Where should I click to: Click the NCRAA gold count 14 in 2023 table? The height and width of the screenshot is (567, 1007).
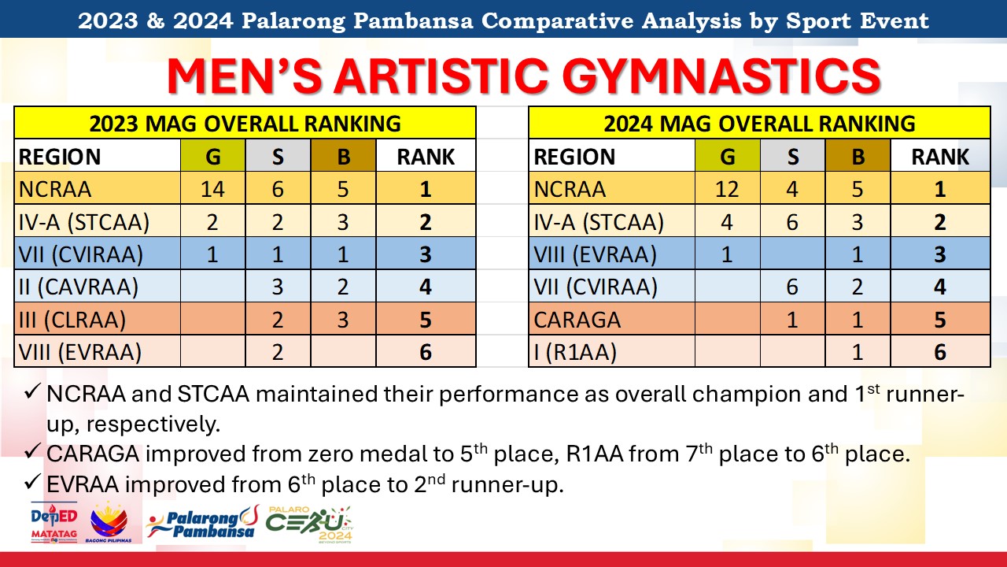point(212,189)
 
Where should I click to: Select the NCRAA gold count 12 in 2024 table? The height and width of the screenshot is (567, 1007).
point(727,189)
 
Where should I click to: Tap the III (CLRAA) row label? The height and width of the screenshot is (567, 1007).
point(72,320)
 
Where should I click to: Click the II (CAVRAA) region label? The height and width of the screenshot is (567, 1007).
point(78,287)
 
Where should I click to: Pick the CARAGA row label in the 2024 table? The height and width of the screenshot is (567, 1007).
point(577,320)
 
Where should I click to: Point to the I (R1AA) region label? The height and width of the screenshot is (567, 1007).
point(575,352)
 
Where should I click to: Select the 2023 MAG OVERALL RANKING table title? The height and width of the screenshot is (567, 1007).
point(245,124)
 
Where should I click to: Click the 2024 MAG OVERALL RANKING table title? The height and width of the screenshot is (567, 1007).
point(759,124)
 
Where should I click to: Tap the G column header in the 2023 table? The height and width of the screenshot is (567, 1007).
point(212,157)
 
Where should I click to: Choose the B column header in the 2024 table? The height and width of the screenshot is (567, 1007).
point(858,157)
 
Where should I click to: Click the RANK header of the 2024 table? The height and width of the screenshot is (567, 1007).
point(940,157)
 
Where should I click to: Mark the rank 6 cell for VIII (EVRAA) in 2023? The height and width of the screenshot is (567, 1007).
point(426,352)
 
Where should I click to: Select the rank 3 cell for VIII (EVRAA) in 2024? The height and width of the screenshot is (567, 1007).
point(940,254)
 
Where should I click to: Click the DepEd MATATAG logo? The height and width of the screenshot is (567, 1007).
point(54,523)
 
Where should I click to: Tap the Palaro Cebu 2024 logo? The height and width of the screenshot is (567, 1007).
point(309,524)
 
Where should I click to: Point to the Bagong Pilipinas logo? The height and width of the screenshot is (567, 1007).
point(109,523)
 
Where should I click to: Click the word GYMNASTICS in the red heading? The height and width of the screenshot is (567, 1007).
point(721,76)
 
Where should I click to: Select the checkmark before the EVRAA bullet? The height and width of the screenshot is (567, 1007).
point(32,481)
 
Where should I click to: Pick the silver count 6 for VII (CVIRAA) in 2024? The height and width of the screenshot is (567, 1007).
point(792,287)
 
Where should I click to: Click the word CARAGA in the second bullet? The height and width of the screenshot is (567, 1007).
point(93,454)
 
